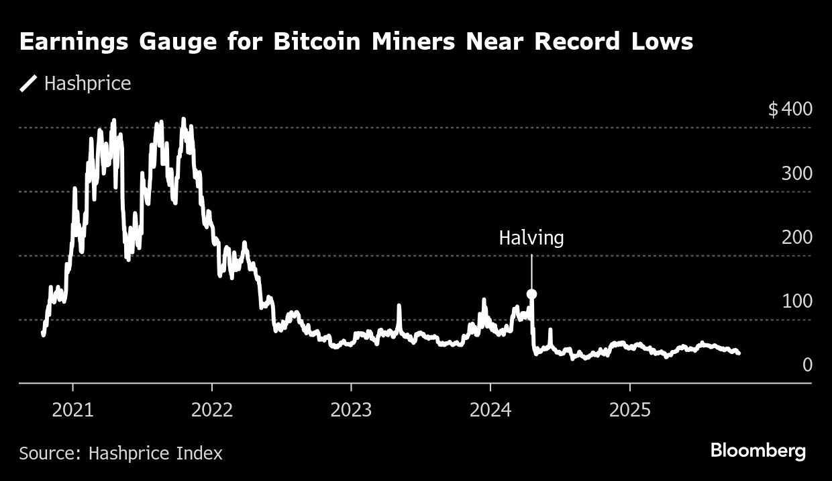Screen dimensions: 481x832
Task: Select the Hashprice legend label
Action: (87, 84)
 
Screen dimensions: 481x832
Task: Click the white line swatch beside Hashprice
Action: (29, 84)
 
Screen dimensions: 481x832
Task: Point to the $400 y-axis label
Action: (790, 109)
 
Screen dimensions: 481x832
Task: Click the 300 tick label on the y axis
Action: (796, 173)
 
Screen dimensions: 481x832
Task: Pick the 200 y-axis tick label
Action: (796, 237)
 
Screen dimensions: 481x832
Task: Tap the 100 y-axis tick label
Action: (796, 301)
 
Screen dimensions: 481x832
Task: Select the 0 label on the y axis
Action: (807, 365)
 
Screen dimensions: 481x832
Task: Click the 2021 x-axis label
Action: (72, 410)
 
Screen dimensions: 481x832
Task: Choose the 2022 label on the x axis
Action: (211, 410)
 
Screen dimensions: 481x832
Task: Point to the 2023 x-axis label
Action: (351, 410)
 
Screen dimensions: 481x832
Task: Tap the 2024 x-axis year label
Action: (490, 410)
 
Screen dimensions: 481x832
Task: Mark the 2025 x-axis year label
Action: (629, 410)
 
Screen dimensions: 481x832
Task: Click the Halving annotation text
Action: (531, 238)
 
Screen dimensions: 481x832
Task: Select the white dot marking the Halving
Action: (531, 294)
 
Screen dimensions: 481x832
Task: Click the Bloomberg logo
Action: (758, 451)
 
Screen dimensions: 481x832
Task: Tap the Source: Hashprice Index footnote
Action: (121, 453)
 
